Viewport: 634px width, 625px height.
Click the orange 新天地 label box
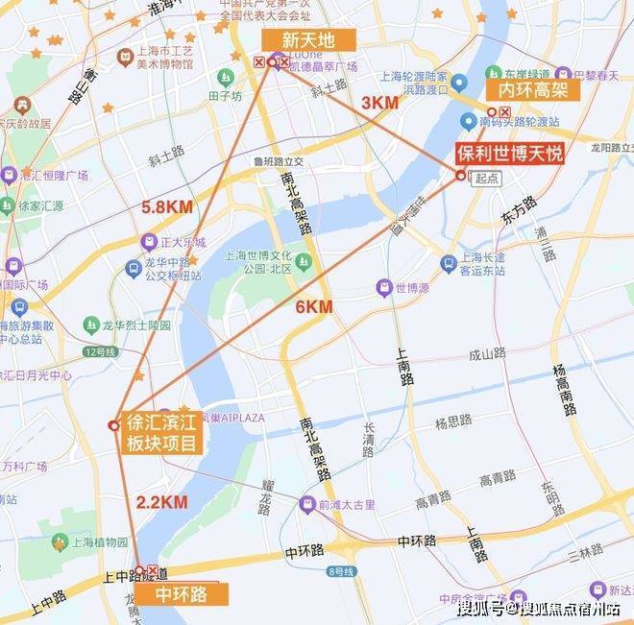[x=307, y=39]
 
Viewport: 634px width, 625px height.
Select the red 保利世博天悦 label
[x=508, y=154]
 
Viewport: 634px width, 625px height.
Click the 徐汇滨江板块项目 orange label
[x=161, y=434]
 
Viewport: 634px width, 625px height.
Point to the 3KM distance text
[x=378, y=102]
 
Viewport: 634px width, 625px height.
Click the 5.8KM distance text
[x=167, y=206]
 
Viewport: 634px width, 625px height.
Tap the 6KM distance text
[x=314, y=306]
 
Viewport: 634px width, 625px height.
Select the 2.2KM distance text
[x=161, y=501]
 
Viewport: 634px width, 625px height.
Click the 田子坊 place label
[x=224, y=96]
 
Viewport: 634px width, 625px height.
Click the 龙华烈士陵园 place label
[x=137, y=325]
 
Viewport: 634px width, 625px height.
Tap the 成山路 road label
[x=487, y=353]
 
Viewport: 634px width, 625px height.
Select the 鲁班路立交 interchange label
[x=278, y=161]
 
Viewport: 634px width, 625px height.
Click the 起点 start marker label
[x=487, y=179]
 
